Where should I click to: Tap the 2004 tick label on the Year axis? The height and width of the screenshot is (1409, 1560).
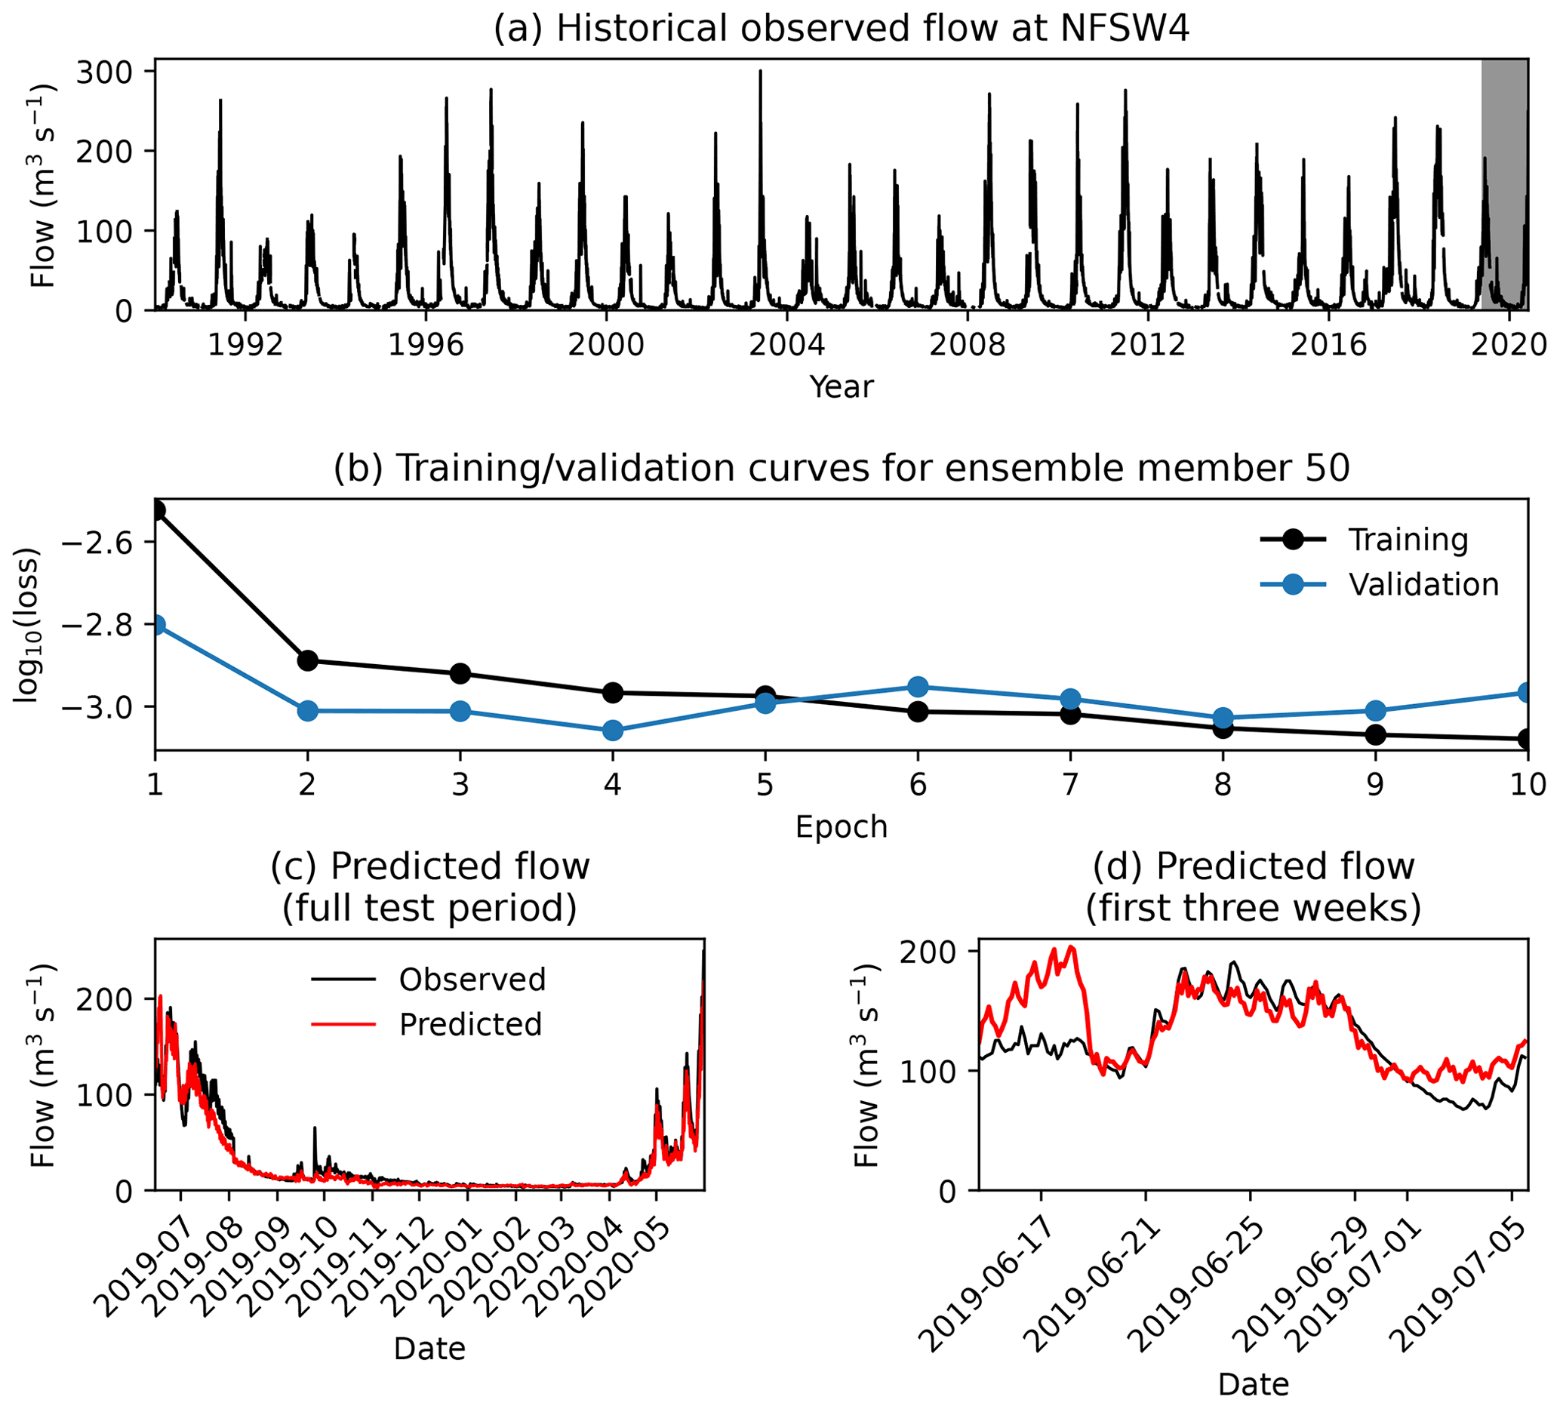pyautogui.click(x=786, y=345)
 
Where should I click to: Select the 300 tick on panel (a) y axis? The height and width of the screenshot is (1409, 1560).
pyautogui.click(x=104, y=71)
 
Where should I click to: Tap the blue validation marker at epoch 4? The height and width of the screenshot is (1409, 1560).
pyautogui.click(x=613, y=731)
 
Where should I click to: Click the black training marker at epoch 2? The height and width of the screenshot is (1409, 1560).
pyautogui.click(x=307, y=661)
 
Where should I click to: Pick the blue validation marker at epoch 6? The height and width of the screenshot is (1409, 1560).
pyautogui.click(x=918, y=687)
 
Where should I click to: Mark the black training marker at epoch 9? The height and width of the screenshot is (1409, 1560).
pyautogui.click(x=1375, y=735)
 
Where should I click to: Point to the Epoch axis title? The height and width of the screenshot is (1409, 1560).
pyautogui.click(x=841, y=827)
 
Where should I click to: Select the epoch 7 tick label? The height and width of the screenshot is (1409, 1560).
pyautogui.click(x=1070, y=786)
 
